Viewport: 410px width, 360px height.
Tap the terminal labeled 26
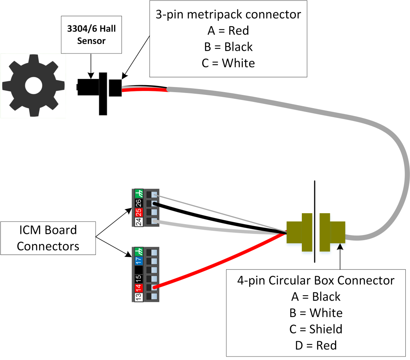point(138,203)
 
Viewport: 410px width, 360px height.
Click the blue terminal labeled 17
point(138,260)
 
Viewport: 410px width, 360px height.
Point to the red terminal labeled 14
point(138,288)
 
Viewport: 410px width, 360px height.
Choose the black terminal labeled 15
point(138,278)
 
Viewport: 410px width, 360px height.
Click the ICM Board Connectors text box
point(48,238)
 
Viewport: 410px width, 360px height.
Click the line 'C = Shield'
point(316,329)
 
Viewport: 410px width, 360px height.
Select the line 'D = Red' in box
point(316,345)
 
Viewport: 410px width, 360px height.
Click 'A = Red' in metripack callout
point(228,30)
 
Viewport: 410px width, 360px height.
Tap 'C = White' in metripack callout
point(228,63)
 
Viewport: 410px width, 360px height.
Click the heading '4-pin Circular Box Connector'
point(316,280)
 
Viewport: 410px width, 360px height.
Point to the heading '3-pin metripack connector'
point(228,14)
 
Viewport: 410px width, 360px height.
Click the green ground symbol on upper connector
point(138,194)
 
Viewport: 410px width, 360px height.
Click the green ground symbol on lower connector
point(138,251)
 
